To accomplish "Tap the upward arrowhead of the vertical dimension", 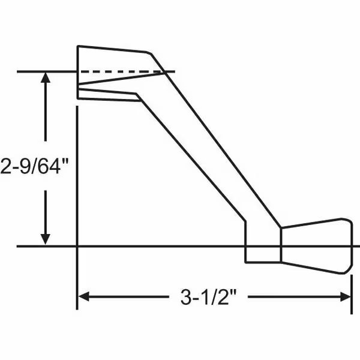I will click(46, 78).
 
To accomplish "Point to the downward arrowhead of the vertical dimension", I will click(46, 238).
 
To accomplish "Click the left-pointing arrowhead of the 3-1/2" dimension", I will click(84, 296).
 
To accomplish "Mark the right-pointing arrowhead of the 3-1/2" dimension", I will click(346, 296).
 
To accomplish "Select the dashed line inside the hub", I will click(120, 72).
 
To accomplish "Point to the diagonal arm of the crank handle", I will click(204, 156).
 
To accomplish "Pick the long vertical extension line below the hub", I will click(77, 204).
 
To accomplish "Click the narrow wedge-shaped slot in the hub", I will click(114, 84).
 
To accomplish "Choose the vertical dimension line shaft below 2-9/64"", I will click(46, 210).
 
